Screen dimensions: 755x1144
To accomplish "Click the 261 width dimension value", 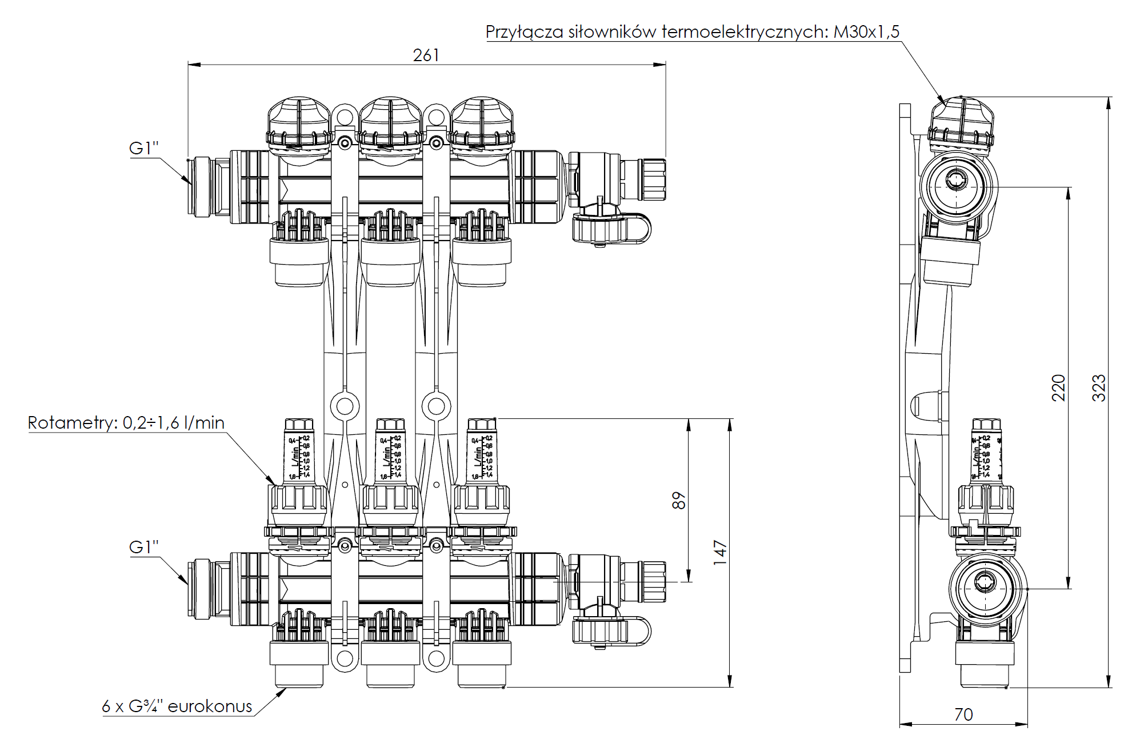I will pos(426,55).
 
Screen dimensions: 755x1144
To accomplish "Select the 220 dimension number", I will pos(1059,388).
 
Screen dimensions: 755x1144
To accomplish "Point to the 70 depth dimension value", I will pos(963,714).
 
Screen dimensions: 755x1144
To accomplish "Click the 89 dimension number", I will pos(678,500).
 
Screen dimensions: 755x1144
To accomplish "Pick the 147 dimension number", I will pos(719,552).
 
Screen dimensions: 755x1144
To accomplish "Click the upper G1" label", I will pos(143,148).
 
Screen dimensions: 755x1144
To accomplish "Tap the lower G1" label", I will pos(143,547).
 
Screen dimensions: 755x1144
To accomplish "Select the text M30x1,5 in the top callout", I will pos(866,31).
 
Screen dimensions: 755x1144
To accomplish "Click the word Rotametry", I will pos(72,423).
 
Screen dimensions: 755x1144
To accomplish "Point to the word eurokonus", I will pos(210,706).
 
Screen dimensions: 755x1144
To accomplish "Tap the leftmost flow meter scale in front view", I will pos(299,457).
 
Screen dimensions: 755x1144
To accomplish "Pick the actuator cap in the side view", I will pos(961,123).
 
